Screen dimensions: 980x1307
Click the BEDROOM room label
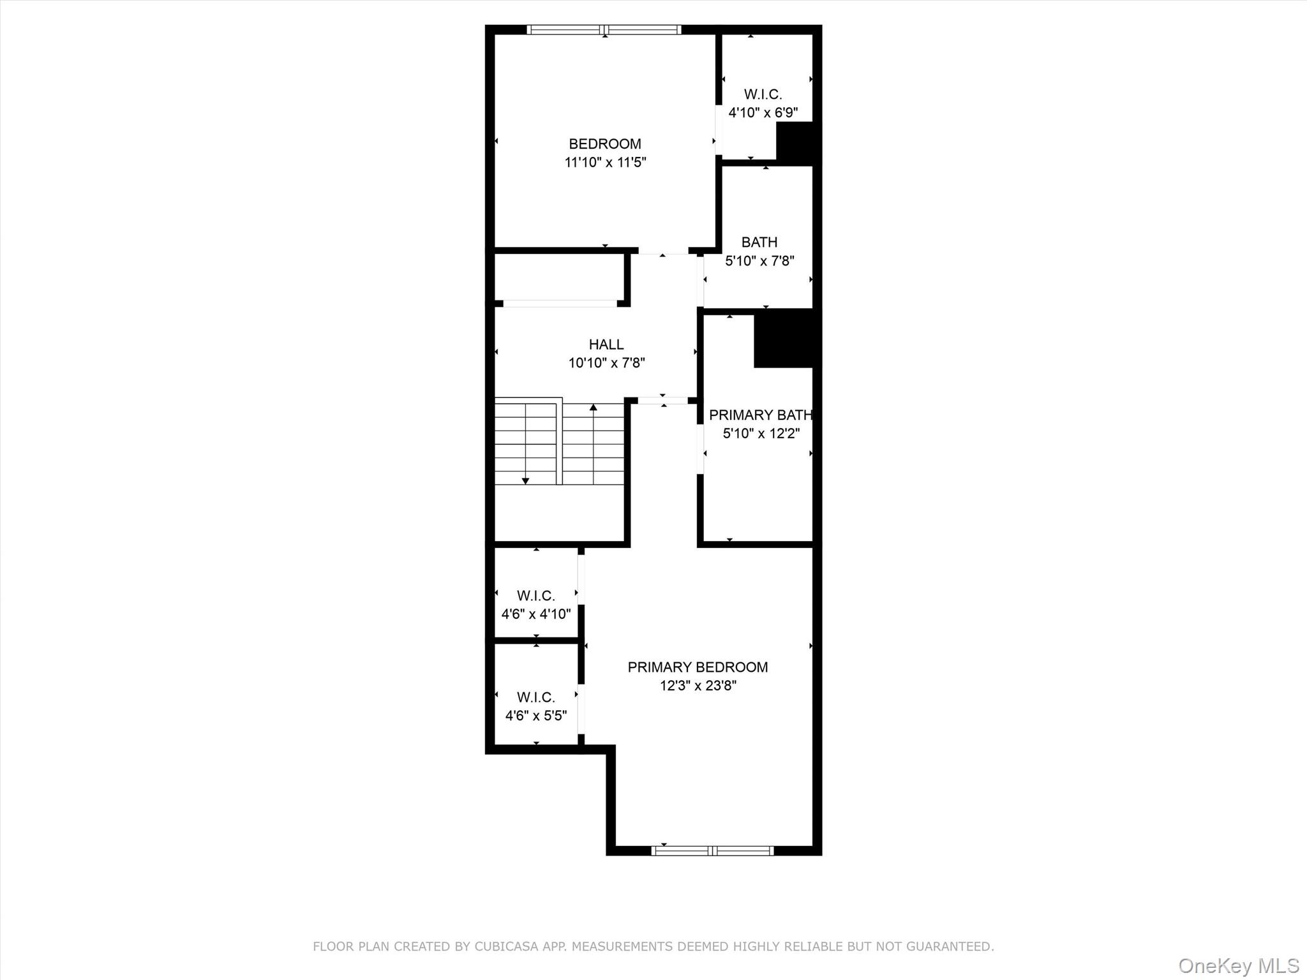(x=604, y=144)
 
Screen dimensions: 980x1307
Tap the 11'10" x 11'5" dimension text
(x=604, y=163)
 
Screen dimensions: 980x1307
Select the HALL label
(x=606, y=345)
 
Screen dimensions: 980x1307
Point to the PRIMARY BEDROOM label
(x=698, y=667)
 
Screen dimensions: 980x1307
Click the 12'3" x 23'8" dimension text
(x=698, y=686)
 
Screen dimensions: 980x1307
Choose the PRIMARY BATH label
(x=760, y=415)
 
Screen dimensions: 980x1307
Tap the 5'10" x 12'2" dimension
(x=761, y=434)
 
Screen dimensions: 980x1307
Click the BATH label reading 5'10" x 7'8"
(x=759, y=242)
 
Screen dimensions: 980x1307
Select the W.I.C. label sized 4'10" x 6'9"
(x=763, y=94)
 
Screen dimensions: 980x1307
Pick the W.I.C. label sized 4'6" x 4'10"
(x=535, y=596)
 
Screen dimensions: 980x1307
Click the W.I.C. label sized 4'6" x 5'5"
(x=535, y=697)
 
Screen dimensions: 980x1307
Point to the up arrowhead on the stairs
(x=594, y=407)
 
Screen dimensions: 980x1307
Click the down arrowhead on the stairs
(x=525, y=480)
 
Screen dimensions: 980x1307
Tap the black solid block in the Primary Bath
(x=783, y=339)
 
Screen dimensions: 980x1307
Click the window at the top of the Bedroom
(x=604, y=29)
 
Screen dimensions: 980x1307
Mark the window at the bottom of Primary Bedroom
(x=712, y=850)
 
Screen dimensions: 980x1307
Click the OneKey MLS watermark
(x=1238, y=965)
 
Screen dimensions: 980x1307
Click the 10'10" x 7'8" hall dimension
(x=606, y=363)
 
